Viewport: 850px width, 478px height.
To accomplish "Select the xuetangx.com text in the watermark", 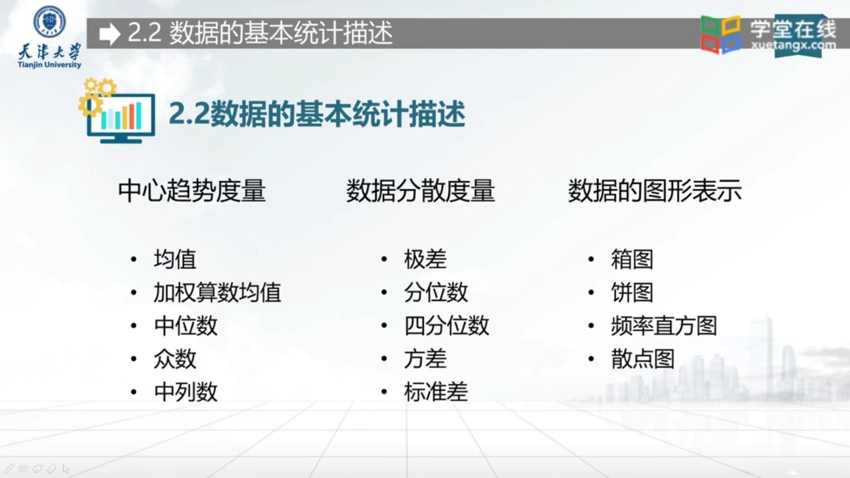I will click(793, 45).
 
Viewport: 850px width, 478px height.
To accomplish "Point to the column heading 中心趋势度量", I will click(192, 191).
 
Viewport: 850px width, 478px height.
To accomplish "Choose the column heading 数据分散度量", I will click(420, 191).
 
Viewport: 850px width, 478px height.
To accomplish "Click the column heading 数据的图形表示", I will click(655, 191).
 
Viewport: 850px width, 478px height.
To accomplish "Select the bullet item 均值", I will click(175, 259).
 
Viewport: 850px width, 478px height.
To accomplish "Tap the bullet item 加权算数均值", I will click(217, 293).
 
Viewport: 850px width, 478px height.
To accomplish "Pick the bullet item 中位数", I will click(186, 326).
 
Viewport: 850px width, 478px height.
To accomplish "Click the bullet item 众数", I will click(175, 359).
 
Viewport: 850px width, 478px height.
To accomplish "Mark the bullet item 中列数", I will click(186, 392).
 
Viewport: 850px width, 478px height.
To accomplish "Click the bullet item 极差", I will click(425, 259).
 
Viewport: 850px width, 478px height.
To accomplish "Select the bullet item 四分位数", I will click(447, 326).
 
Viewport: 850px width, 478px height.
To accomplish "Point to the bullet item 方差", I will click(425, 359).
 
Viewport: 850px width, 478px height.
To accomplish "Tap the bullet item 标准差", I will click(436, 392).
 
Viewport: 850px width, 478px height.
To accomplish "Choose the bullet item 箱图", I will click(632, 259).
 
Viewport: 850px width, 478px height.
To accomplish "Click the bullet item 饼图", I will click(632, 293).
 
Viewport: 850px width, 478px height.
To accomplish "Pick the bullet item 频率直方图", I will click(664, 326).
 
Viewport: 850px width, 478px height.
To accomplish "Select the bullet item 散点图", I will click(643, 359).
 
